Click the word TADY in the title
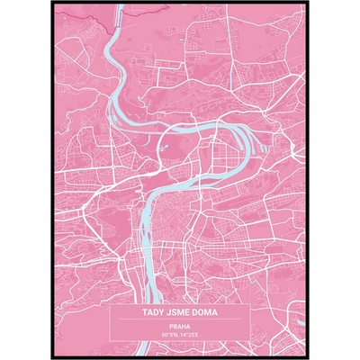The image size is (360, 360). (x=153, y=316)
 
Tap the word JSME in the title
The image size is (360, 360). (x=180, y=316)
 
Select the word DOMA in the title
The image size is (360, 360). (x=207, y=316)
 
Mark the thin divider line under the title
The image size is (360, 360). (x=180, y=322)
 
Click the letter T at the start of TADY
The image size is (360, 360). (x=144, y=316)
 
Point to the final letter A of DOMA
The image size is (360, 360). (x=217, y=316)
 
